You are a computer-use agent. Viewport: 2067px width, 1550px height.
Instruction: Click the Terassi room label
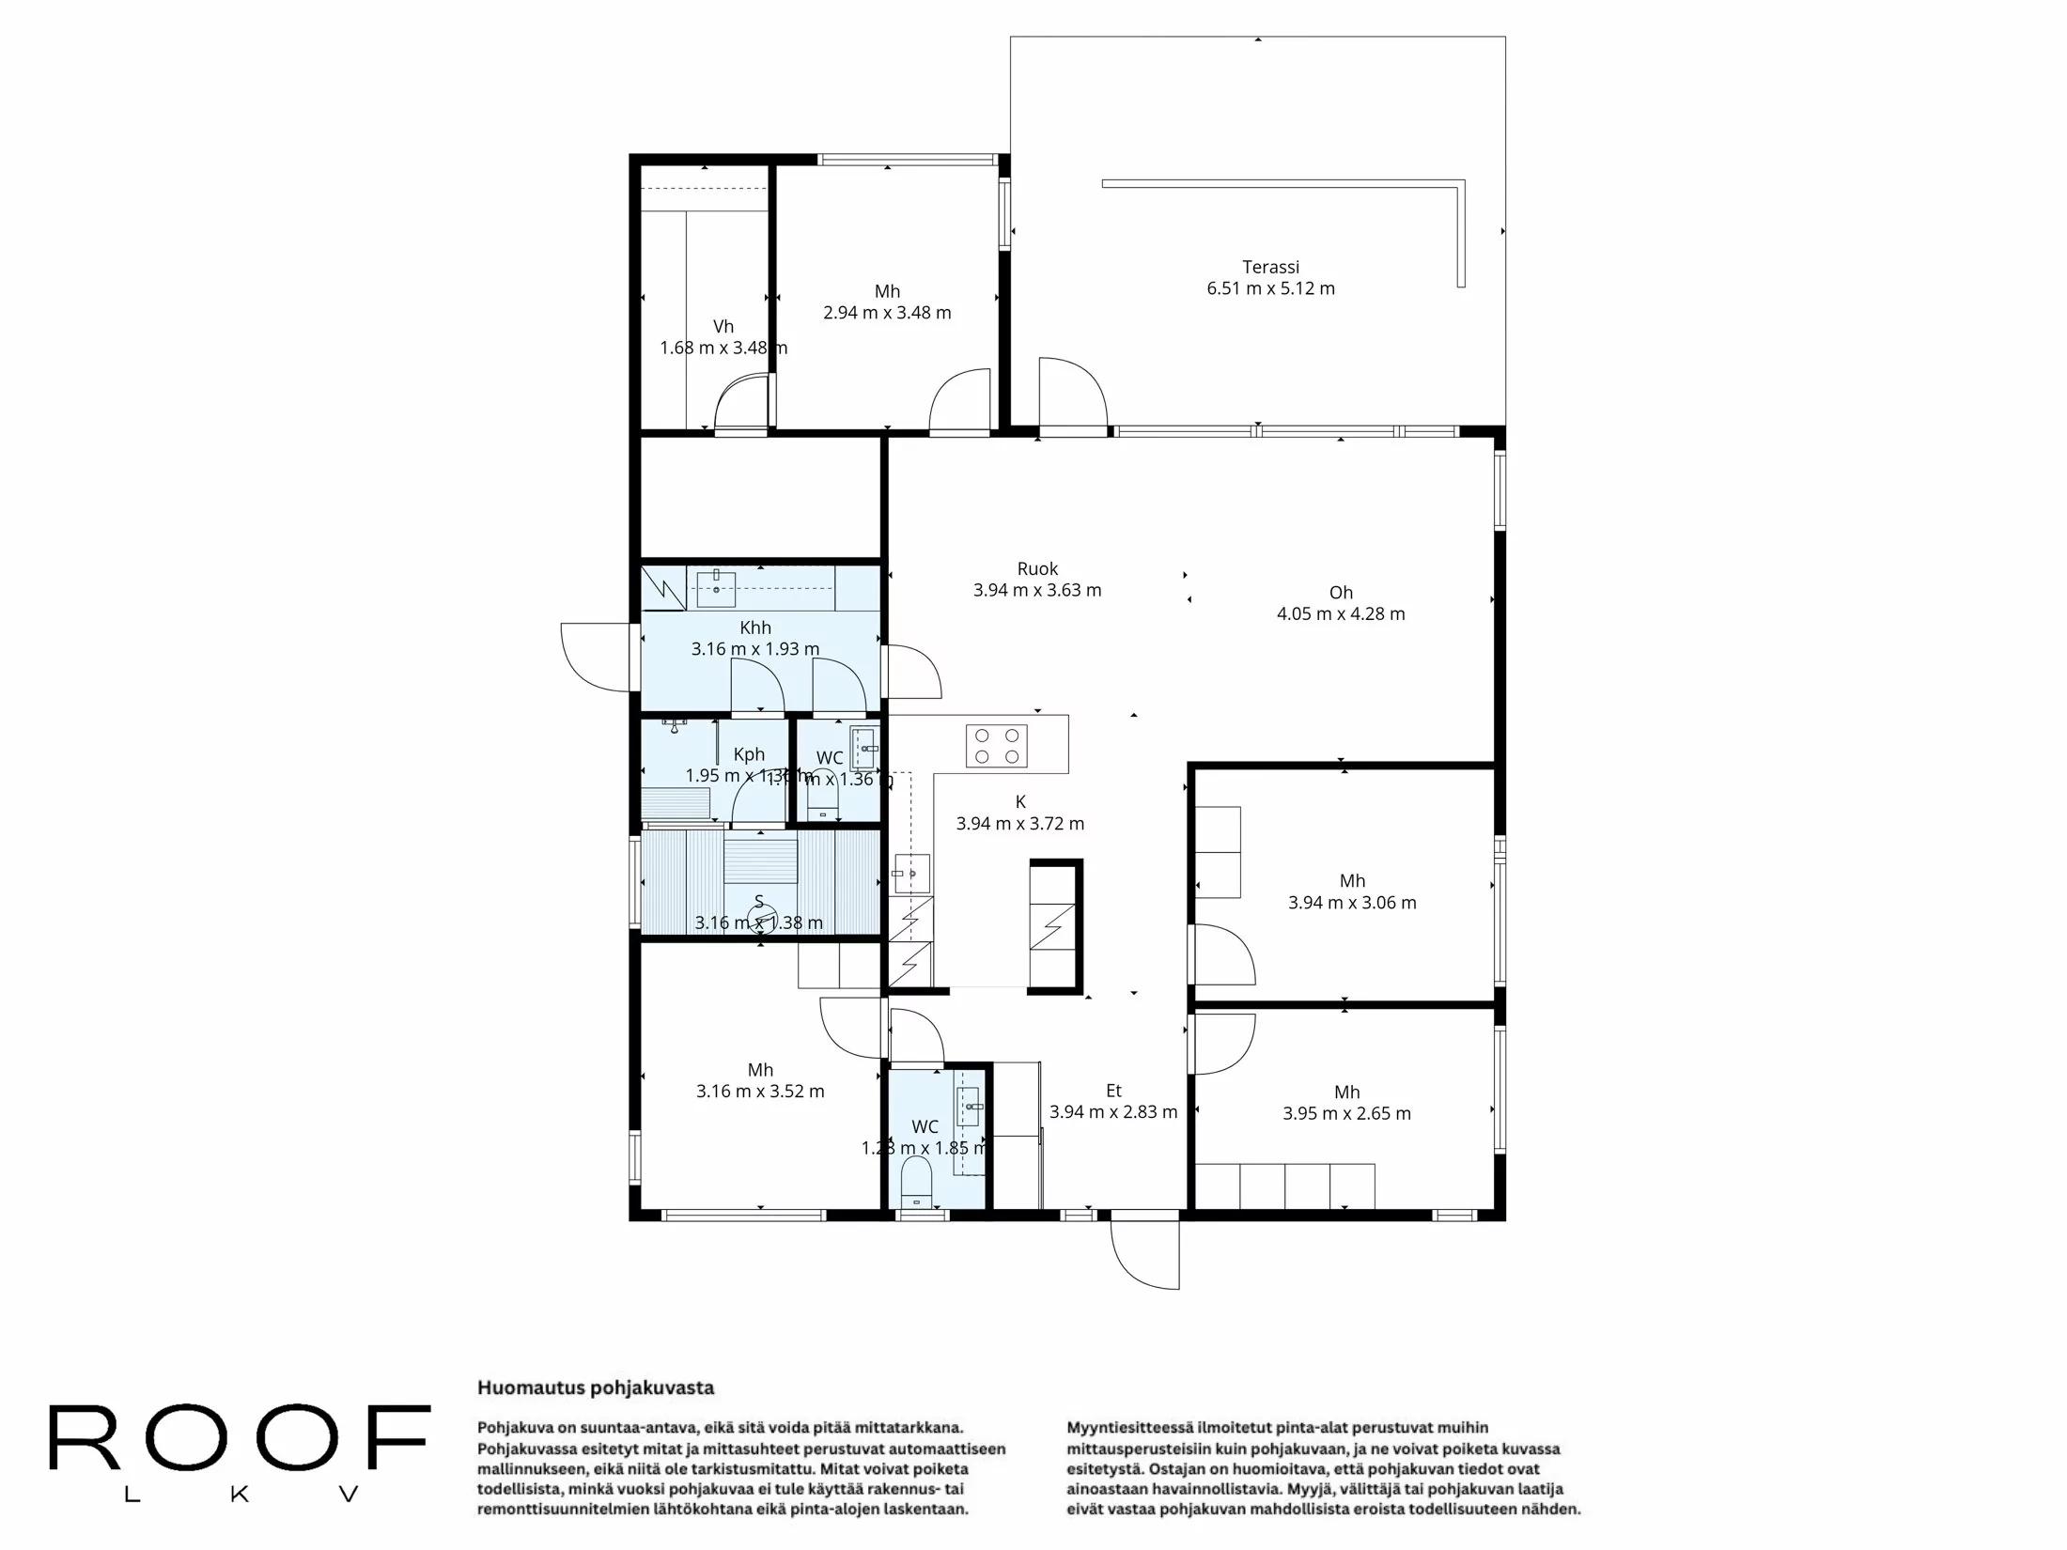(x=1270, y=268)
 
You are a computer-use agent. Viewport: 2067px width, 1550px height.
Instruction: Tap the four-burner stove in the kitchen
(x=996, y=746)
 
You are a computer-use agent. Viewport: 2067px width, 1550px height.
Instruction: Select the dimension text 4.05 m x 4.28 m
(x=1341, y=614)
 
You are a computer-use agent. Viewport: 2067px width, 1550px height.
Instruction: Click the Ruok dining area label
(x=1037, y=569)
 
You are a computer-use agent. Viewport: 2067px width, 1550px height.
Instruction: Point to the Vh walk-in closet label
(x=723, y=327)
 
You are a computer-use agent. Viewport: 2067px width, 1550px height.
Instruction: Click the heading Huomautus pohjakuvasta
(x=596, y=1388)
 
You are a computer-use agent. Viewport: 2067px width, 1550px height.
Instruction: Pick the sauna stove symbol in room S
(x=763, y=914)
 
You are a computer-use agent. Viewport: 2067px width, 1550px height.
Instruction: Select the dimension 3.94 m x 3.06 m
(x=1352, y=903)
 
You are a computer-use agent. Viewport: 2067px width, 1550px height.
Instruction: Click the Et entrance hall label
(x=1113, y=1091)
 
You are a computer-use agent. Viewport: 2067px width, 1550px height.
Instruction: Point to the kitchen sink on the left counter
(x=910, y=874)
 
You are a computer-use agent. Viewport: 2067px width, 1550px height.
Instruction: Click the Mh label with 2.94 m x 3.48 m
(x=887, y=292)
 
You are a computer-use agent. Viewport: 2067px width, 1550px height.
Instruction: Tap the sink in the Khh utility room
(x=716, y=588)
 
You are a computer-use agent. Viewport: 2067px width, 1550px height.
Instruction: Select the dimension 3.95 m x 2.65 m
(x=1346, y=1114)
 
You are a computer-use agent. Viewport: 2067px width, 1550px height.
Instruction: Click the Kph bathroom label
(x=749, y=754)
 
